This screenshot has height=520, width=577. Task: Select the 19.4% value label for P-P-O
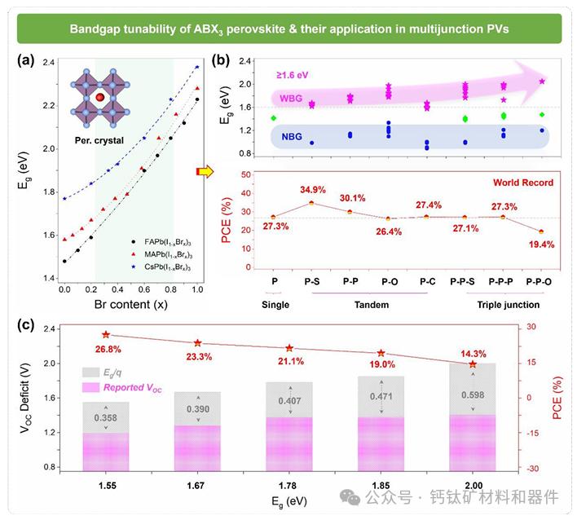tap(541, 244)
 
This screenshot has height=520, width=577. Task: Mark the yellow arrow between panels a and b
tap(205, 170)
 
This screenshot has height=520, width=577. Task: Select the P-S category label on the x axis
tap(311, 281)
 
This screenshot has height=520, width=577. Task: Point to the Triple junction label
tap(505, 305)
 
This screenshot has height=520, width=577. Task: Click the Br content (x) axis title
tap(131, 305)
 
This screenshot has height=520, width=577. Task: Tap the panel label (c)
tap(27, 324)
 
